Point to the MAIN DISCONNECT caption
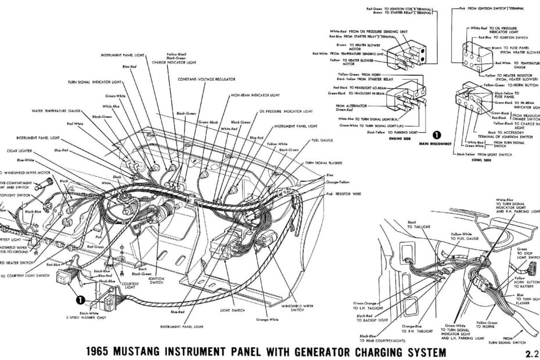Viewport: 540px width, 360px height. [x=436, y=149]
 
